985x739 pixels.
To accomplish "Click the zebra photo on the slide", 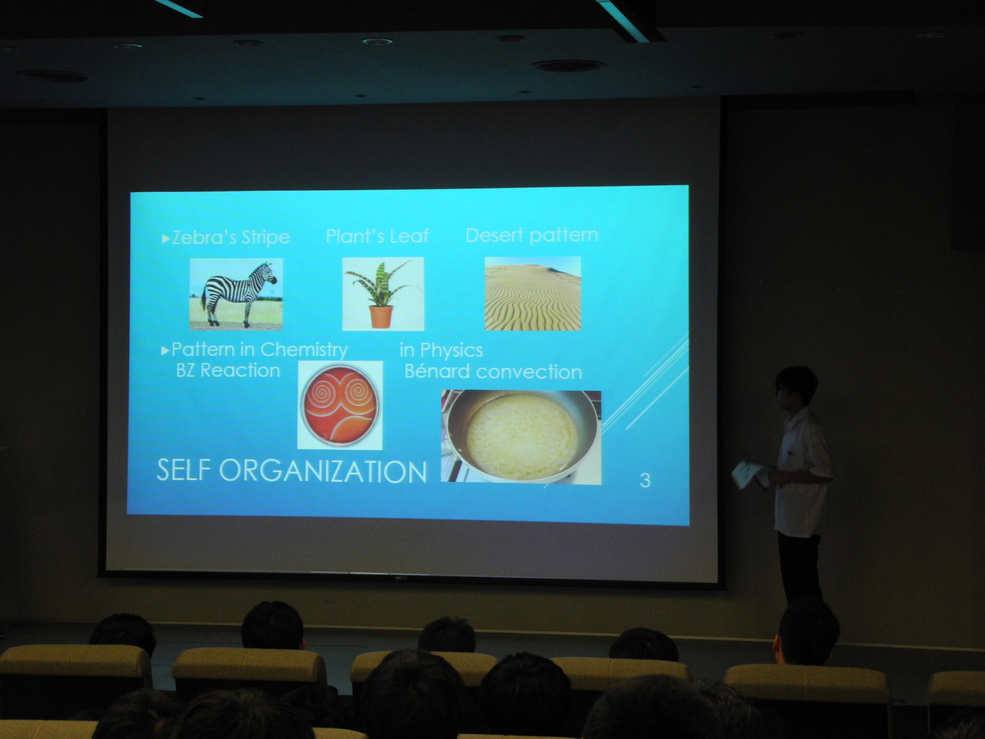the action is [236, 294].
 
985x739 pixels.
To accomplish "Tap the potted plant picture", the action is [383, 294].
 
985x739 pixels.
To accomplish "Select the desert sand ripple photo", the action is [532, 293].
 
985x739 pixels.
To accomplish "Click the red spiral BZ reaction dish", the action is [340, 405].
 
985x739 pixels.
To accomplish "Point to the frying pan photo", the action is [521, 437].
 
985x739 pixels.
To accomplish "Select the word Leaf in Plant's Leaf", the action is [409, 236].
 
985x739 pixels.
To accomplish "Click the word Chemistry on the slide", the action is [303, 350].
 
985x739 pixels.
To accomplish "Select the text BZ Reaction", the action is [228, 370].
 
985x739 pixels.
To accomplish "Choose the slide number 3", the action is [645, 480].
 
